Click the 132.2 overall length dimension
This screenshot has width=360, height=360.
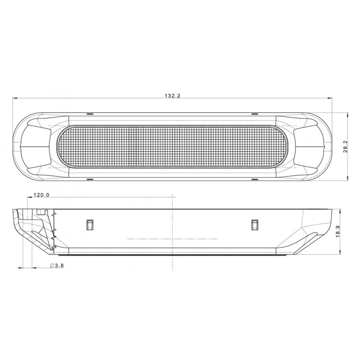click(172, 96)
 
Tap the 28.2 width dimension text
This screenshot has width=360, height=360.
click(346, 147)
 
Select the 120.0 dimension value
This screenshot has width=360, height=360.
click(41, 195)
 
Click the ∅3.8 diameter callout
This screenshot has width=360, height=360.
click(57, 266)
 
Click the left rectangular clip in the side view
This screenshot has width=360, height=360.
click(90, 224)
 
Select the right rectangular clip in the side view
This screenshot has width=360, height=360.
click(255, 224)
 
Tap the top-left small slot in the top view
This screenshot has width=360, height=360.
click(89, 112)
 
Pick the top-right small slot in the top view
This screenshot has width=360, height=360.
click(255, 112)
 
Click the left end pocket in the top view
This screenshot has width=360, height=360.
click(36, 146)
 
